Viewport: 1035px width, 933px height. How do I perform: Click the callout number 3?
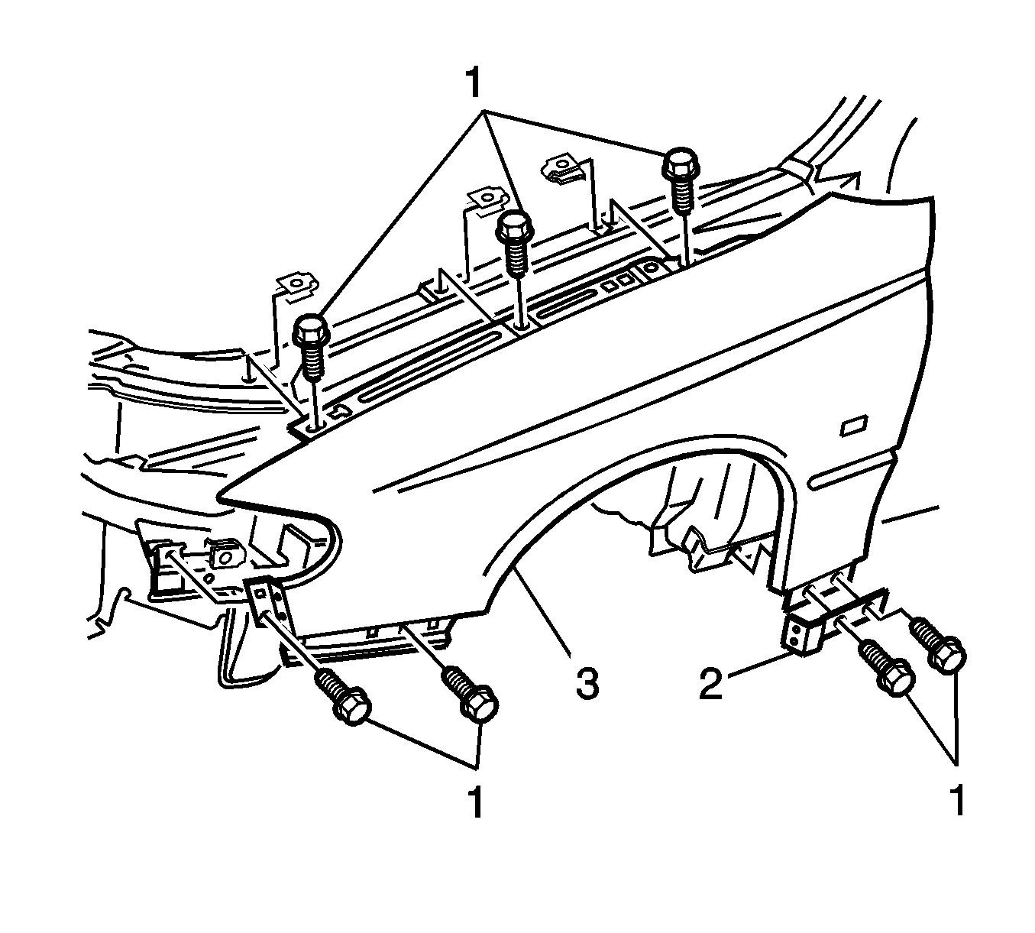(587, 682)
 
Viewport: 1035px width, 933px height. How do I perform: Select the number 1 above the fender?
(474, 82)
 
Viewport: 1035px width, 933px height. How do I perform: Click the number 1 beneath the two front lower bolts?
(474, 802)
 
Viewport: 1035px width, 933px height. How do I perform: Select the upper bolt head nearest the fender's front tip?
(311, 330)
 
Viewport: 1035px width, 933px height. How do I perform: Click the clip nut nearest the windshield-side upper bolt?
(564, 170)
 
